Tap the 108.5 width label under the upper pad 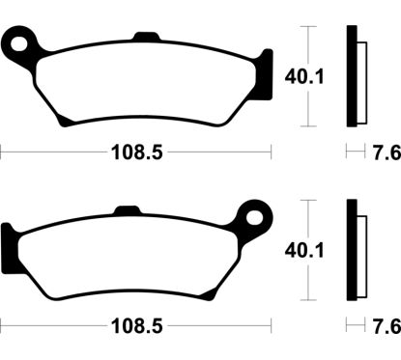135,152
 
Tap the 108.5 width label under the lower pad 135,325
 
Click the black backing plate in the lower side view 352,249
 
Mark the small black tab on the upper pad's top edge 145,39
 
